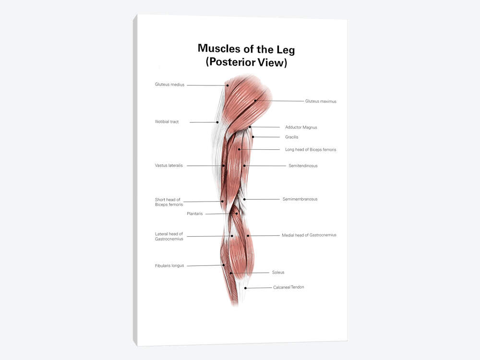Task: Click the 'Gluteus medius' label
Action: click(x=169, y=84)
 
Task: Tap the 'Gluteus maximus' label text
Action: click(x=321, y=101)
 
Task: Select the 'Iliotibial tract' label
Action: click(x=167, y=121)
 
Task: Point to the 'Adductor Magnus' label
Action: click(x=301, y=127)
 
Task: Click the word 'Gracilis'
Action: click(x=291, y=137)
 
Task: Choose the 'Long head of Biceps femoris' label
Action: click(x=311, y=150)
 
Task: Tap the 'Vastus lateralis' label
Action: click(x=168, y=166)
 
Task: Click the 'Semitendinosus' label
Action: click(x=303, y=166)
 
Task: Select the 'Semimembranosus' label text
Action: click(x=300, y=199)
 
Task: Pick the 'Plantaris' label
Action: click(x=195, y=214)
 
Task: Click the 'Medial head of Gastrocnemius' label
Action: click(x=309, y=235)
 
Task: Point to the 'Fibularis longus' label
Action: click(x=169, y=266)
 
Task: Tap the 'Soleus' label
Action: click(x=278, y=273)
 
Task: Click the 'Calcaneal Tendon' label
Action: click(x=288, y=287)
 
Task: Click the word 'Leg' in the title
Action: click(x=286, y=50)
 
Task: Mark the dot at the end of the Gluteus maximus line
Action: click(x=255, y=100)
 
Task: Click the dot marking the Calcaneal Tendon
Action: click(x=245, y=288)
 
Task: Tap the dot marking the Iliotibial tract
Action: click(x=217, y=122)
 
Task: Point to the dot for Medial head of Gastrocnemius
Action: click(x=248, y=236)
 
